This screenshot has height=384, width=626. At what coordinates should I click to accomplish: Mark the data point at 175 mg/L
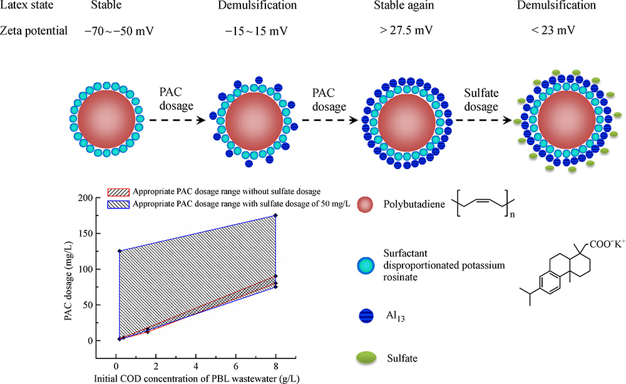(275, 215)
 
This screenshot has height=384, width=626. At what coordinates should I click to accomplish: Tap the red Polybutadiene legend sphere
(366, 204)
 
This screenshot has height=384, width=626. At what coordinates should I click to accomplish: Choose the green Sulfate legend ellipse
(366, 358)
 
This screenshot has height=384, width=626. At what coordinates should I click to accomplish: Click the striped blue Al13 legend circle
(366, 318)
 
